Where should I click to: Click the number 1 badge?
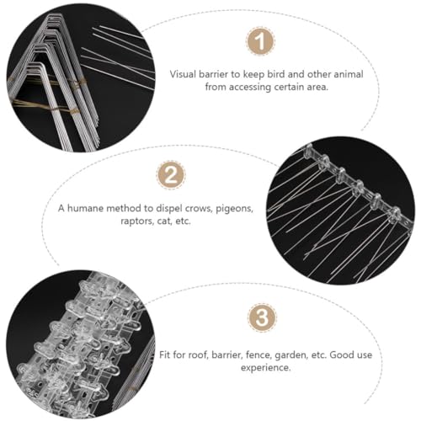point(261,41)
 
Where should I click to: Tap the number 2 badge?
point(171,175)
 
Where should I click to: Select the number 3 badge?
point(262,317)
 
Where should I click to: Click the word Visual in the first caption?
point(183,74)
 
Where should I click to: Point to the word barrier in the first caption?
point(214,74)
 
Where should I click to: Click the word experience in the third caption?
point(265,368)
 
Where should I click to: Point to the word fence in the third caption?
point(258,355)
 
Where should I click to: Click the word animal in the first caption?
point(349,74)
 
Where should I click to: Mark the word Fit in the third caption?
point(165,355)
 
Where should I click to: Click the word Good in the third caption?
point(342,355)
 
